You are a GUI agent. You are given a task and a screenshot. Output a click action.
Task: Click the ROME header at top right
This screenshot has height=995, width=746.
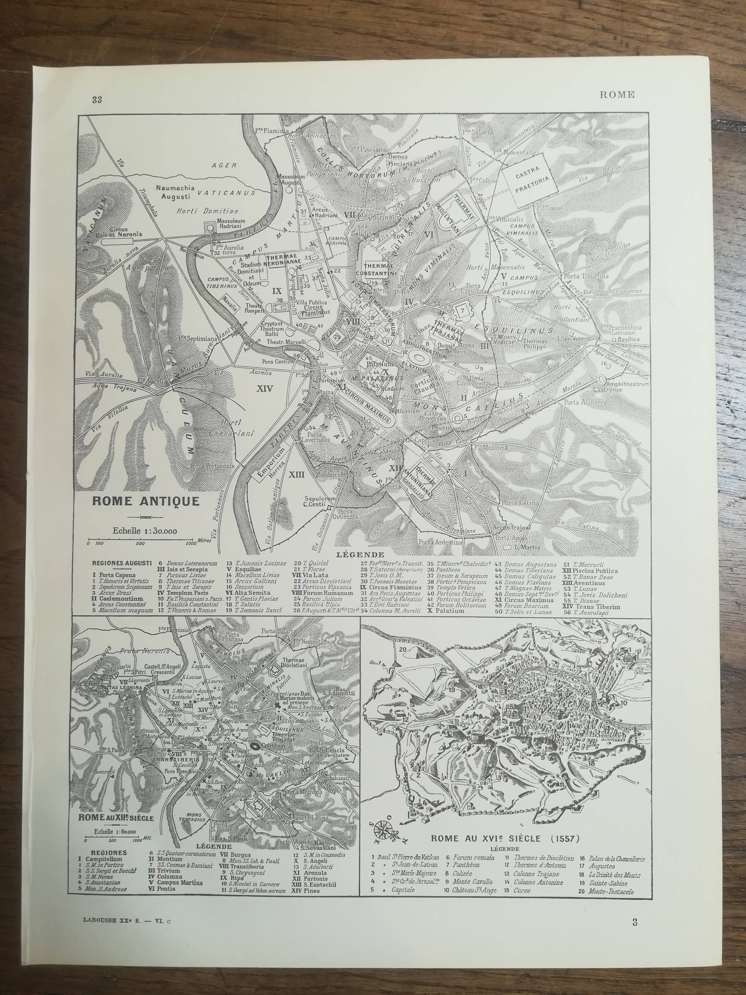coord(617,95)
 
